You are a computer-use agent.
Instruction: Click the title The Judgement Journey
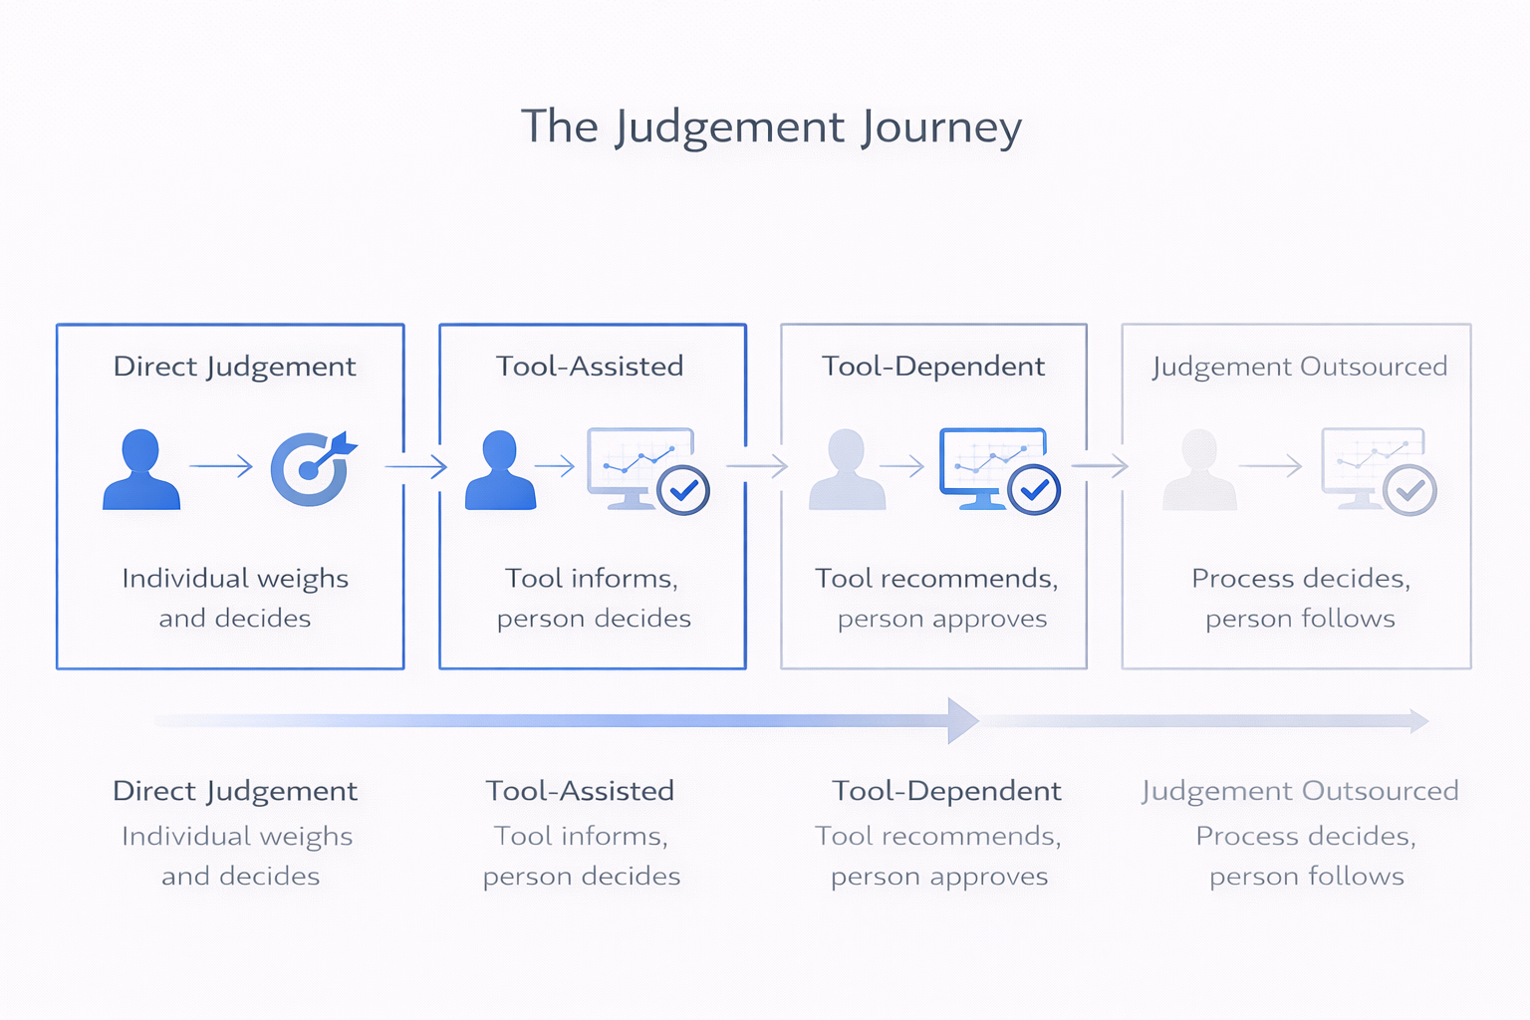pos(771,127)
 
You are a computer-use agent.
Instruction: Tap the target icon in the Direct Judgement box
pos(311,467)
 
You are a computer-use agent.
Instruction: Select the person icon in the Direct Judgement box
pos(141,469)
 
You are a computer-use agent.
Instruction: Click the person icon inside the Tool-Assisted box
pos(500,469)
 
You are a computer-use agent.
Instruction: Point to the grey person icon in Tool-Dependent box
pos(847,469)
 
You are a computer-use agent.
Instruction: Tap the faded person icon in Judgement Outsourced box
pos(1199,469)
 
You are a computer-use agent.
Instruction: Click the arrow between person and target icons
pos(221,465)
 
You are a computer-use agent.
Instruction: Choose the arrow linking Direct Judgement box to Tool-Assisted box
pos(416,465)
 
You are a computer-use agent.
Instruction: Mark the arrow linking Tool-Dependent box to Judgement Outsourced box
pos(1100,465)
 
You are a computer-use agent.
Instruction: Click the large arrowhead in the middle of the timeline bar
pos(962,720)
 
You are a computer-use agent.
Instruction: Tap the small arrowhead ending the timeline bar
pos(1419,720)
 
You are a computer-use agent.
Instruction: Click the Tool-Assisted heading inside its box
pos(590,367)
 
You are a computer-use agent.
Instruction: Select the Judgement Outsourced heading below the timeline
pos(1300,791)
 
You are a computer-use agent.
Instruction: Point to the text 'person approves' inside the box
pos(942,619)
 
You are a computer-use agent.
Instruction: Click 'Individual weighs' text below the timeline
pos(237,837)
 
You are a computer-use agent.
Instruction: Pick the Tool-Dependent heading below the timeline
pos(946,791)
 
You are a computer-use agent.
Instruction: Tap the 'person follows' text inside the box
pos(1300,619)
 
